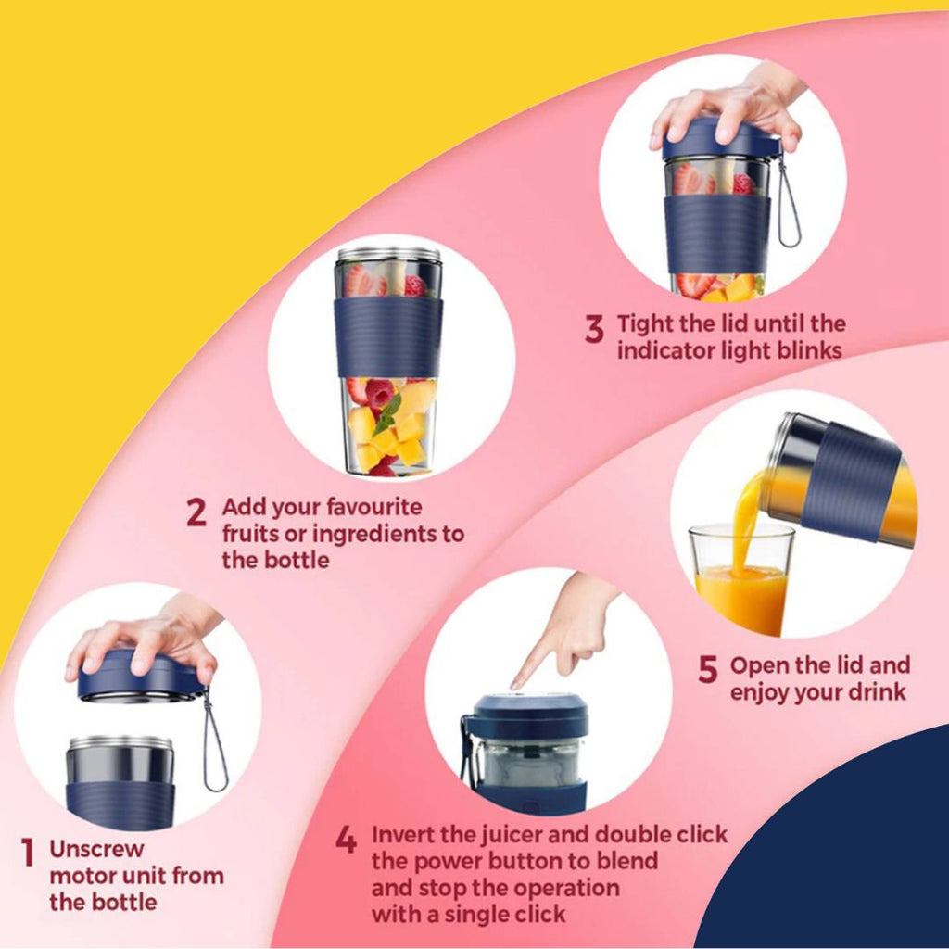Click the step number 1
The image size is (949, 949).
(28, 852)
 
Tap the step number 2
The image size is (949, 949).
(196, 512)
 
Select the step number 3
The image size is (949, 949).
(594, 329)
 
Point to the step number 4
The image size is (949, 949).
(346, 840)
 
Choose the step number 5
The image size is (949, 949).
(707, 669)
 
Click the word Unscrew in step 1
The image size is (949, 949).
(96, 849)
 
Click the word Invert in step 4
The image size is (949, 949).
(402, 834)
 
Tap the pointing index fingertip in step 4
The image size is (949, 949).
(515, 686)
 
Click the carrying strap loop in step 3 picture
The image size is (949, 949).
(789, 203)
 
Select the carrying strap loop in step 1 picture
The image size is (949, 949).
(215, 743)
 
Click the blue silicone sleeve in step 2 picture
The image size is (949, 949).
(388, 337)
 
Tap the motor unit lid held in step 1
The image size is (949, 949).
(141, 677)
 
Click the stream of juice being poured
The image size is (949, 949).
(745, 522)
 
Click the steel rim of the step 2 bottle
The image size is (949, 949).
(388, 254)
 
